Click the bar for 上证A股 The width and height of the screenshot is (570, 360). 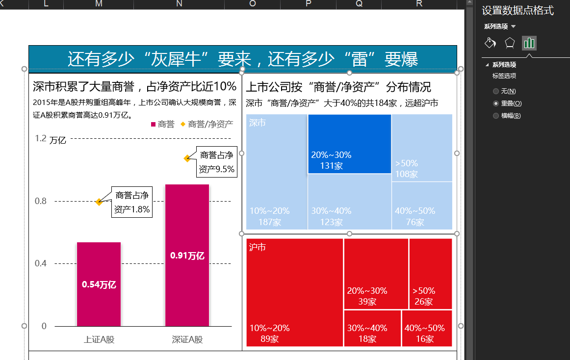99,284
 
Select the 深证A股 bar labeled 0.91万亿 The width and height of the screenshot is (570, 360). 187,255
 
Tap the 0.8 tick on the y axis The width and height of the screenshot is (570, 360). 41,201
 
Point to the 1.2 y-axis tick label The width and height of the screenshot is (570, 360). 41,138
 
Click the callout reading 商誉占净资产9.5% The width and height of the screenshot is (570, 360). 216,162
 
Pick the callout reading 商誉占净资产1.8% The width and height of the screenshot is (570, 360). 131,203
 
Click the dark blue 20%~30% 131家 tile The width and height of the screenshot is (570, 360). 349,144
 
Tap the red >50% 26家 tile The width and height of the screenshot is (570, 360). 430,274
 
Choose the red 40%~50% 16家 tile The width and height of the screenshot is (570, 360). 427,328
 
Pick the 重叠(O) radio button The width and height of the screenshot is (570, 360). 496,103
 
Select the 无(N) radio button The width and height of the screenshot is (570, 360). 496,91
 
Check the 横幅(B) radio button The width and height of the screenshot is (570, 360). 496,116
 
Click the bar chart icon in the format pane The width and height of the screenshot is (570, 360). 529,43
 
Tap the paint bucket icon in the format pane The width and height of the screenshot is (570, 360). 490,43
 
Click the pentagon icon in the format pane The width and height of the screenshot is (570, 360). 510,43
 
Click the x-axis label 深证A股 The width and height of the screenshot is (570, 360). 187,339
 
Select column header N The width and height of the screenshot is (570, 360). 179,4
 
